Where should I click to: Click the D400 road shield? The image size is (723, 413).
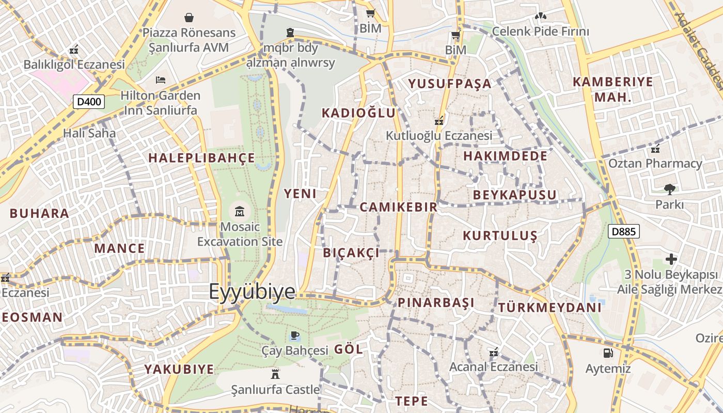click(89, 102)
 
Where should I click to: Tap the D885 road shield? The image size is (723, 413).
click(623, 231)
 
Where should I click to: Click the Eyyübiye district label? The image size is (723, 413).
click(252, 292)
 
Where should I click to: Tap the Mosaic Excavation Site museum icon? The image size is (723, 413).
click(240, 211)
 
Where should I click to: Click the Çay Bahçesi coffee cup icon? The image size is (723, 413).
click(294, 336)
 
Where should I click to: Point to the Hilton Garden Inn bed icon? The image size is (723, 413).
click(161, 80)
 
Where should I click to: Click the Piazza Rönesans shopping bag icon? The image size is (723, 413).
click(189, 18)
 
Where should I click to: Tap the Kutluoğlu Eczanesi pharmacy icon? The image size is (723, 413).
click(439, 121)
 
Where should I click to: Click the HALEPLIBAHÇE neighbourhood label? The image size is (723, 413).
click(202, 158)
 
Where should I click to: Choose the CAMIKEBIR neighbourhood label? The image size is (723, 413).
click(398, 208)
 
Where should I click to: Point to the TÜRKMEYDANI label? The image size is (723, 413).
click(549, 308)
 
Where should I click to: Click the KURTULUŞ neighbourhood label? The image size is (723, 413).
click(500, 236)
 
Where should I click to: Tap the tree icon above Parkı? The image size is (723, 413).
click(670, 189)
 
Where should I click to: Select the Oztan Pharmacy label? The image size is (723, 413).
click(655, 164)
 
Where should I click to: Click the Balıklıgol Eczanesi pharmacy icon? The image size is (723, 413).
click(74, 50)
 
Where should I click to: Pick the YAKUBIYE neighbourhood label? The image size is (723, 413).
click(179, 370)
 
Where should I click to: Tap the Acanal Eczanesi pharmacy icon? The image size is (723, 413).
click(494, 352)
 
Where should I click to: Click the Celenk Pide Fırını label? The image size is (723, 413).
click(540, 31)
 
